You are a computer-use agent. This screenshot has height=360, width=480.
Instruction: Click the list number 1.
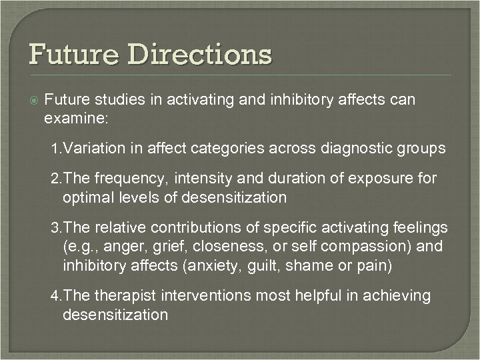point(55,149)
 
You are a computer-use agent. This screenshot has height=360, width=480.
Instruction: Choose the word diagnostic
point(355,148)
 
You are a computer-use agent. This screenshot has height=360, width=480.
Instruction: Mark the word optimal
point(87,197)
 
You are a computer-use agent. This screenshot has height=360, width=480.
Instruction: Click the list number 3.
point(55,229)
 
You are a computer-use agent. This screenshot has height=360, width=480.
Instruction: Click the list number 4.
point(55,295)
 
